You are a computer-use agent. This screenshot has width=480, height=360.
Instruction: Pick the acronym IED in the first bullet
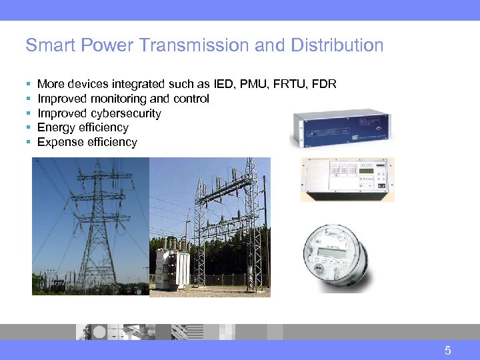point(225,84)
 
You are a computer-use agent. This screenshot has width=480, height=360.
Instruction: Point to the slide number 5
point(448,351)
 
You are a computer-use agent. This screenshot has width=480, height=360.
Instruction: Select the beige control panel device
point(347,179)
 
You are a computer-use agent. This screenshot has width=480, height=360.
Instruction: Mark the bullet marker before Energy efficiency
point(28,127)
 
